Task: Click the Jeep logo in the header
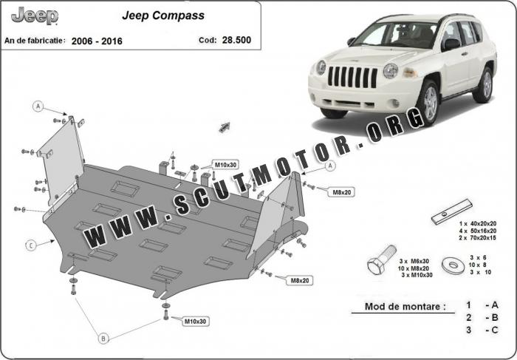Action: pyautogui.click(x=35, y=16)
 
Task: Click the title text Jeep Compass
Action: pyautogui.click(x=163, y=16)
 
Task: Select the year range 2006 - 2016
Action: pyautogui.click(x=97, y=41)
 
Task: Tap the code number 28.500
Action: pyautogui.click(x=236, y=40)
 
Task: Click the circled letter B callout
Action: pyautogui.click(x=103, y=339)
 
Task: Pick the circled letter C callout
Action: pyautogui.click(x=31, y=245)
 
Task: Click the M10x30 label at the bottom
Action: pyautogui.click(x=195, y=321)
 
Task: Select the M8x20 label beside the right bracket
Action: pyautogui.click(x=341, y=192)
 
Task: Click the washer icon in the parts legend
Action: pyautogui.click(x=453, y=265)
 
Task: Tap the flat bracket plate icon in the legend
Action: pyautogui.click(x=451, y=211)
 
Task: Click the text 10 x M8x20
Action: pyautogui.click(x=413, y=268)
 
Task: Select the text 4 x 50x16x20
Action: pyautogui.click(x=478, y=231)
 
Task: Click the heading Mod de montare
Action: pyautogui.click(x=405, y=306)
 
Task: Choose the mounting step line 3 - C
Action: pyautogui.click(x=482, y=330)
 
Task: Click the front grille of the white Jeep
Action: pyautogui.click(x=352, y=77)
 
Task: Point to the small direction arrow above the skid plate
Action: pyautogui.click(x=225, y=127)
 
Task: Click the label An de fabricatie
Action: pyautogui.click(x=35, y=41)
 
